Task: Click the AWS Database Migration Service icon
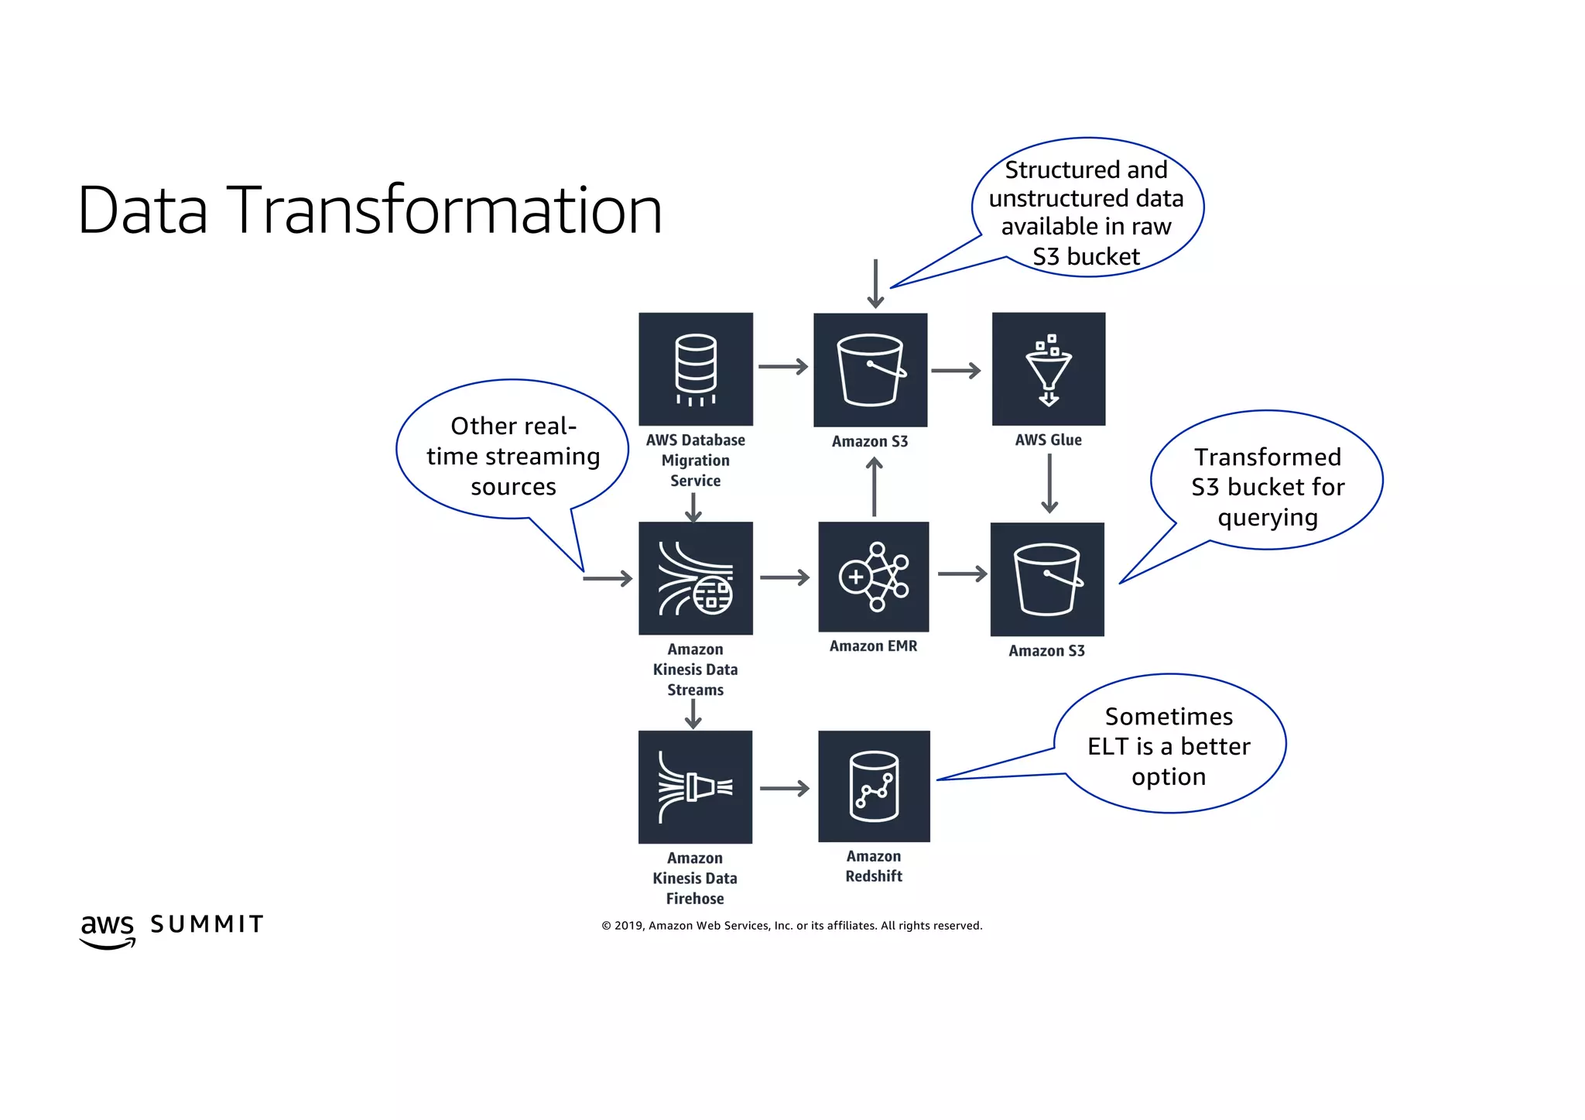[x=695, y=369]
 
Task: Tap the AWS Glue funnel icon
[x=1049, y=369]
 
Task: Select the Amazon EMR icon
[x=874, y=577]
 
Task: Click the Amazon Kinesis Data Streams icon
[x=695, y=578]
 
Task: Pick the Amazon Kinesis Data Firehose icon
[x=695, y=787]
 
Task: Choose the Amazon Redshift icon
[x=874, y=786]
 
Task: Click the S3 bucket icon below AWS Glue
[x=1047, y=579]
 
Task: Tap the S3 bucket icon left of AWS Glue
[x=871, y=370]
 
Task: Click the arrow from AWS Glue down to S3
[x=1049, y=484]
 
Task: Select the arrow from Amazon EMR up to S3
[x=875, y=487]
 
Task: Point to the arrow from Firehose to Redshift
[x=784, y=789]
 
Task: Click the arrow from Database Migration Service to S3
[x=782, y=367]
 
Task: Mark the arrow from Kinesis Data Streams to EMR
[x=784, y=577]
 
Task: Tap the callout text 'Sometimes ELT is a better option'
[x=1169, y=746]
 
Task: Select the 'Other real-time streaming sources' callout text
[x=513, y=456]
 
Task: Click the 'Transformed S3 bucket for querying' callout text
[x=1267, y=487]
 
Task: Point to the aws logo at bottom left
[x=108, y=929]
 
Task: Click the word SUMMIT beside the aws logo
[x=207, y=924]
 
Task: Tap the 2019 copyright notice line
[x=792, y=926]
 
